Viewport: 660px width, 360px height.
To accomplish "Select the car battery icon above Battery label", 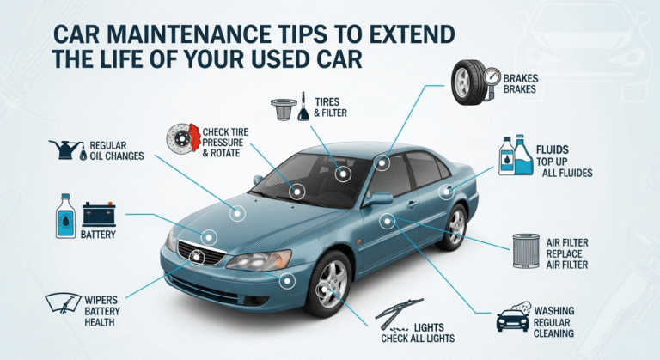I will (x=98, y=212).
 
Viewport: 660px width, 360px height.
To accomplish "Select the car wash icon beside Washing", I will (x=513, y=319).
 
